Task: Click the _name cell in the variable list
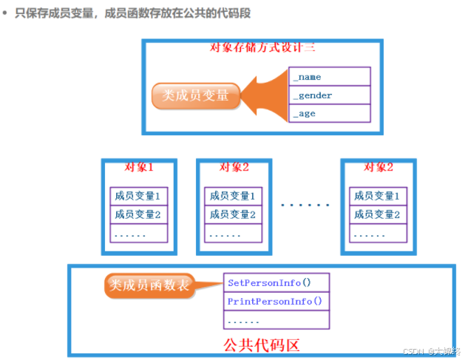click(329, 77)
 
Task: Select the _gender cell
click(329, 95)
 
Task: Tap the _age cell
click(329, 114)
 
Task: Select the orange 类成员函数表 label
click(149, 285)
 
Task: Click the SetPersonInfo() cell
click(276, 282)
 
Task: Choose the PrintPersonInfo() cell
click(276, 301)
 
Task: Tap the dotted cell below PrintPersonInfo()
click(276, 320)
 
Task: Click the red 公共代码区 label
click(261, 344)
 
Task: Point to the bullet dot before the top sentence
click(5, 14)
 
